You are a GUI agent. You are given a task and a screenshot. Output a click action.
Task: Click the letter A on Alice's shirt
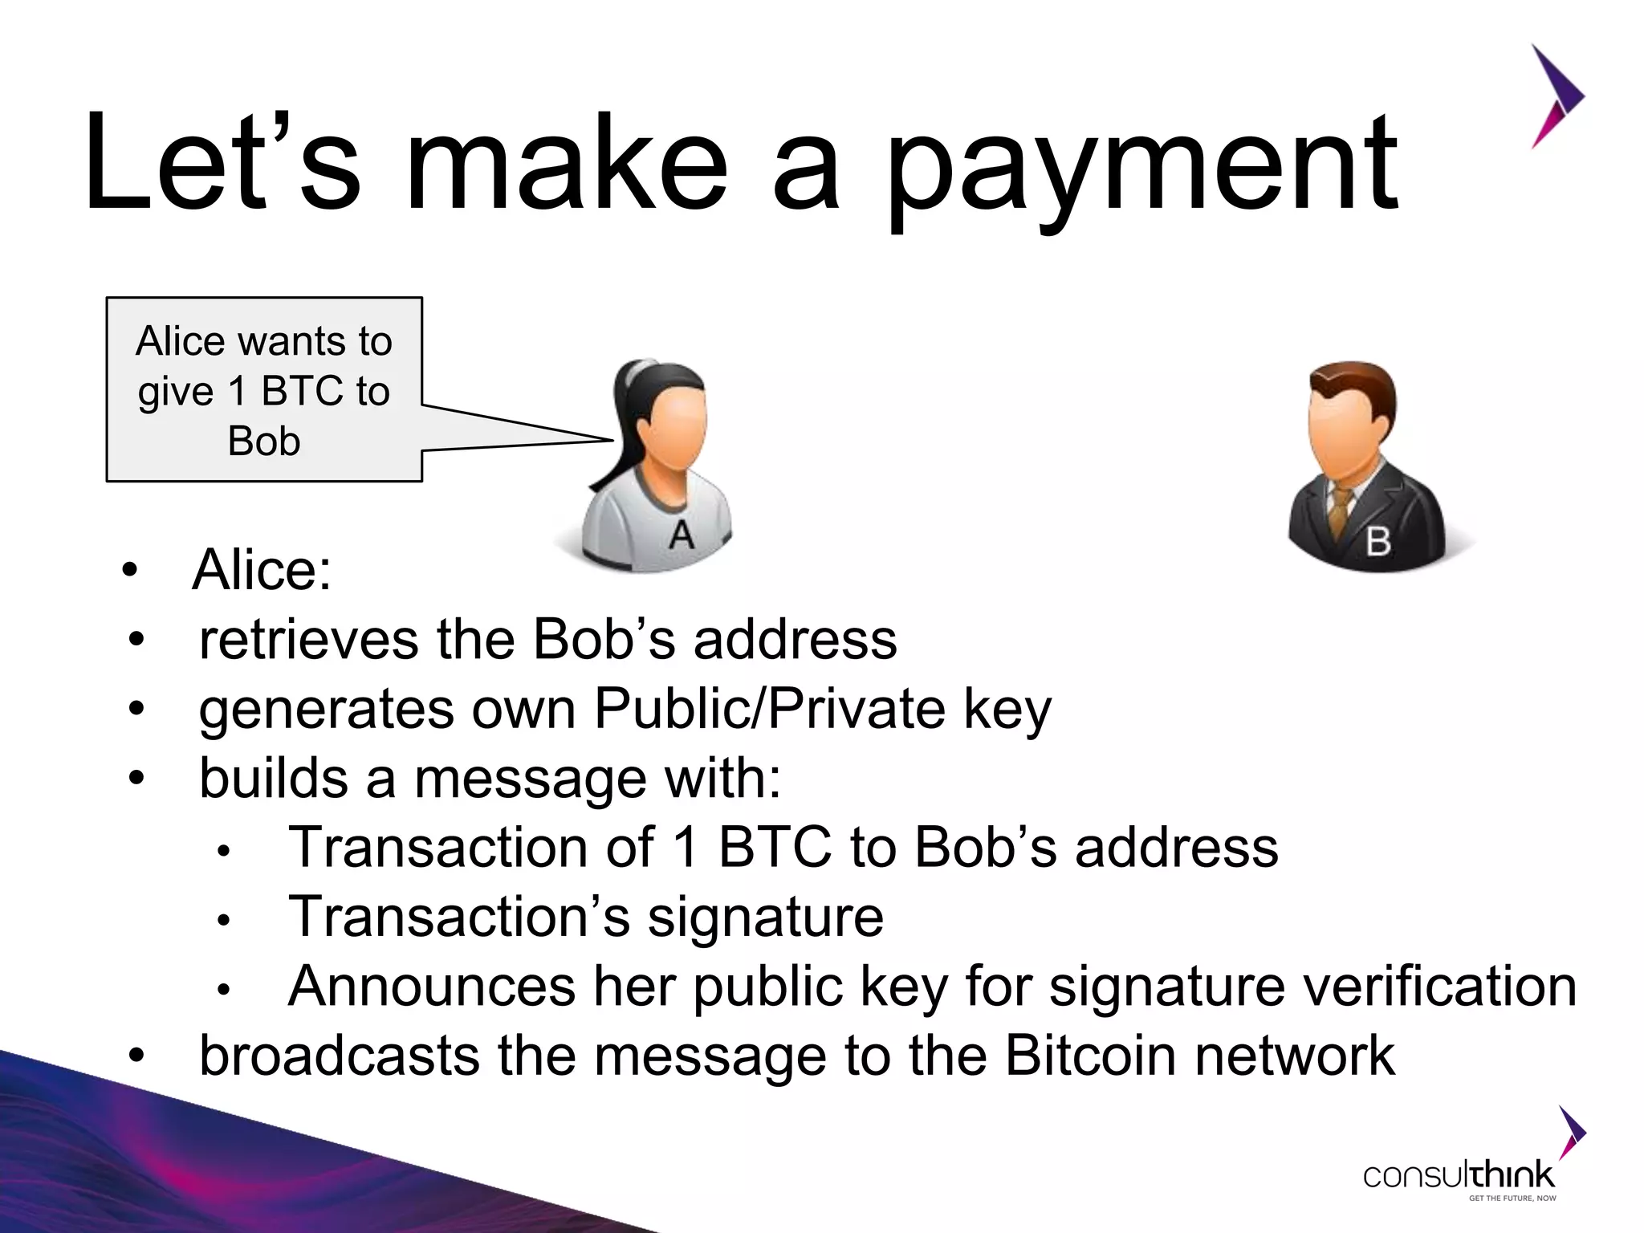(682, 535)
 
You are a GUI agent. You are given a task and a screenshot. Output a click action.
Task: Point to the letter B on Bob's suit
(1377, 542)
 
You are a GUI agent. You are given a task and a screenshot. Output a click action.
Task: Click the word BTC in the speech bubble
(303, 392)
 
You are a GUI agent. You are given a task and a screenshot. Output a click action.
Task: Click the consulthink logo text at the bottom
(1459, 1176)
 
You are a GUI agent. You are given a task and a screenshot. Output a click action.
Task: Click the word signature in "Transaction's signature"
(765, 918)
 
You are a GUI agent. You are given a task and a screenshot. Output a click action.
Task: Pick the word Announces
(432, 987)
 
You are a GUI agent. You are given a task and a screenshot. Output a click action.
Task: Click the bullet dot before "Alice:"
(130, 571)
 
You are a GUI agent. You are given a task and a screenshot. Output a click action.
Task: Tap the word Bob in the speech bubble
(264, 442)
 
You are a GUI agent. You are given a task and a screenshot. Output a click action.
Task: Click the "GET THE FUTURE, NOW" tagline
(1512, 1198)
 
